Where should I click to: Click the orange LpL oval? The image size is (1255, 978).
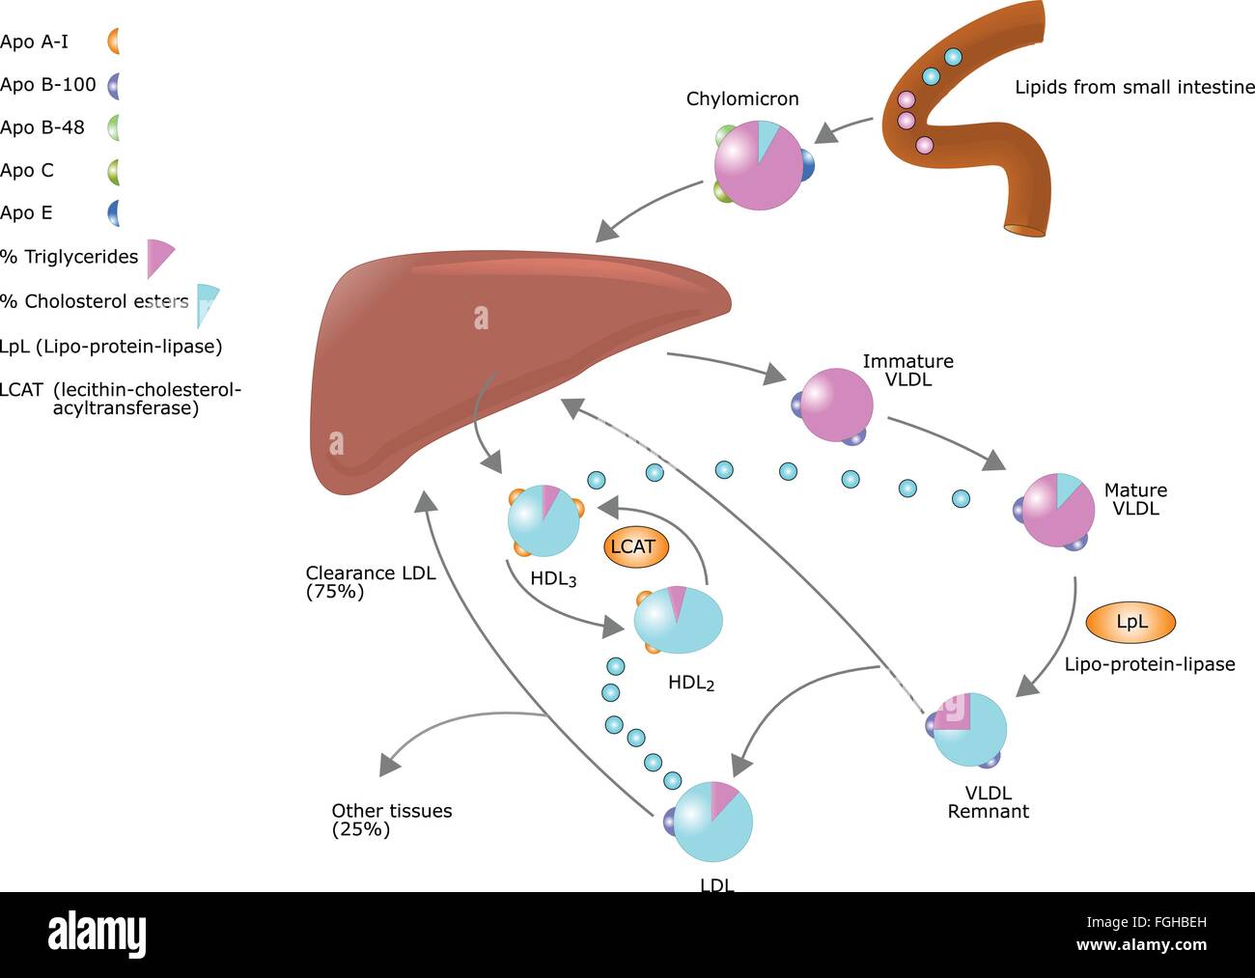pos(1130,623)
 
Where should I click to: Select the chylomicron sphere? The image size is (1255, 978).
pos(760,165)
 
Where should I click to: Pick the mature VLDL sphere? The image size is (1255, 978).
pos(1057,510)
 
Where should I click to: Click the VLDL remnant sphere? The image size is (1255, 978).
pos(969,729)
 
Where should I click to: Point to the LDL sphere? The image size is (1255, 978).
pos(711,822)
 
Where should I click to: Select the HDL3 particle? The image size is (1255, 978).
pos(544,520)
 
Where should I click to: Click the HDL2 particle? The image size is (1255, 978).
pos(678,619)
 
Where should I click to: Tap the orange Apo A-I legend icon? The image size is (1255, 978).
pos(114,42)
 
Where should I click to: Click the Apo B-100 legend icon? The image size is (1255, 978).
pos(114,85)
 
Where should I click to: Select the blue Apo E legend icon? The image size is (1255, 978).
pos(114,212)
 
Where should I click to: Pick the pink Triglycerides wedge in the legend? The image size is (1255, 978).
pos(158,258)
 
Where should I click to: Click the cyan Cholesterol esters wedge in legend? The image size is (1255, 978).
pos(206,303)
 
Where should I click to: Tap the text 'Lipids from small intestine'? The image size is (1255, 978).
pos(1134,88)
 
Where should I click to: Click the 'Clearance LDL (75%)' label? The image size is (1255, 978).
pos(370,582)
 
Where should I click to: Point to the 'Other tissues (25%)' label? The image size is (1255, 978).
pos(391,820)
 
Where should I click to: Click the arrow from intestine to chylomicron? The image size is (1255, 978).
pos(846,129)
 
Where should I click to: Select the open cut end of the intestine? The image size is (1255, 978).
pos(1025,231)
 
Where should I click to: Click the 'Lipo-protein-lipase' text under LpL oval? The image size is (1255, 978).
pos(1149,664)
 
